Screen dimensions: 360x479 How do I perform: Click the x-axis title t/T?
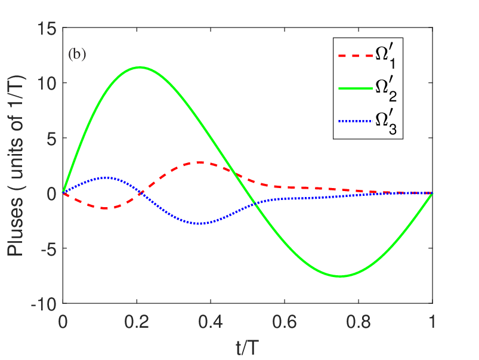tap(247, 344)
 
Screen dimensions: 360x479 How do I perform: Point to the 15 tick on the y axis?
tap(47, 28)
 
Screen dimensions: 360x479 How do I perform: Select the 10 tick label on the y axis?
tap(47, 83)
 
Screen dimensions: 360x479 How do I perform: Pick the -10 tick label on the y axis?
tap(45, 303)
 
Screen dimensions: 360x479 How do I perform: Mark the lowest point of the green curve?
tap(340, 276)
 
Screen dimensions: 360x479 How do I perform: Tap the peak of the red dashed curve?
tap(200, 162)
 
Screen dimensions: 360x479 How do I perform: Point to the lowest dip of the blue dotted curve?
tap(200, 224)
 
